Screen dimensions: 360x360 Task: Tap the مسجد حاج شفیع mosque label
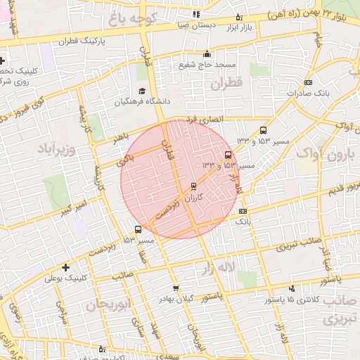(206, 65)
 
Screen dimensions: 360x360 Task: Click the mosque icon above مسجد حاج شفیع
(207, 54)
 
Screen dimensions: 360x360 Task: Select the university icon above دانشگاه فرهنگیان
(143, 91)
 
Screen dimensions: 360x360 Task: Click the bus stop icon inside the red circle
(228, 155)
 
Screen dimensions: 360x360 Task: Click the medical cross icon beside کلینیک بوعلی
(65, 267)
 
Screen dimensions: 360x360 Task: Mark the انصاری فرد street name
(203, 120)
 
